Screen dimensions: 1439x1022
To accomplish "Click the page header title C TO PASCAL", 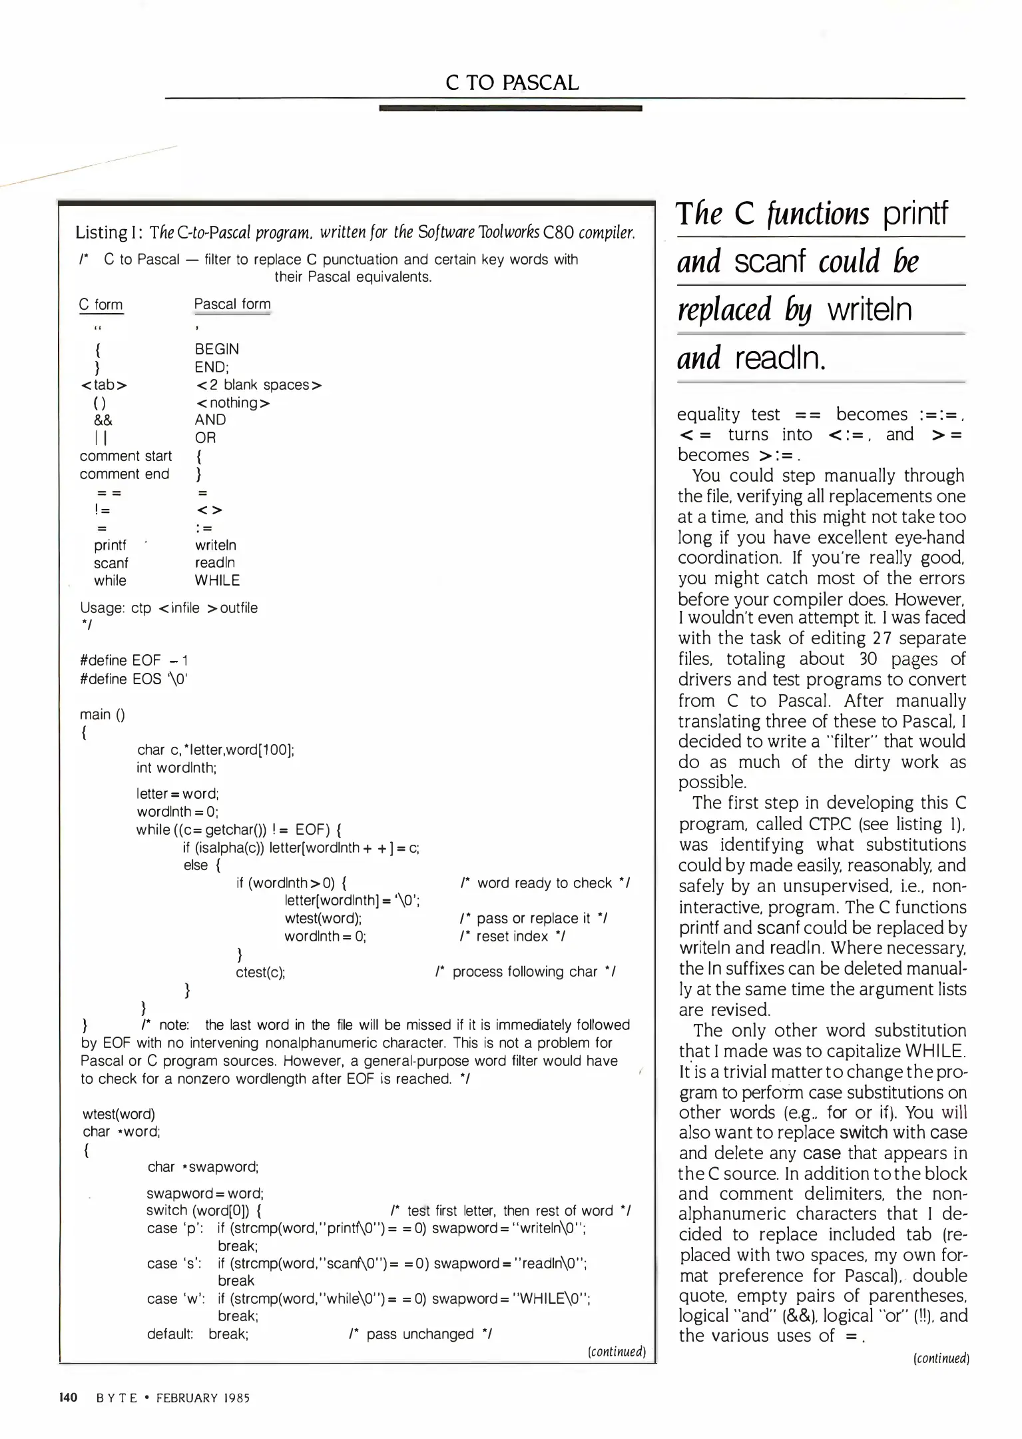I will [511, 83].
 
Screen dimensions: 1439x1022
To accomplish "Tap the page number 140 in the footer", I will [69, 1398].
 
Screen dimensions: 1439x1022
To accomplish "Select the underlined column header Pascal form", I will [232, 304].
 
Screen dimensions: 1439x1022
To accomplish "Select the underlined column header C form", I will [101, 305].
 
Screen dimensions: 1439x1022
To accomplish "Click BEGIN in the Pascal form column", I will [217, 349].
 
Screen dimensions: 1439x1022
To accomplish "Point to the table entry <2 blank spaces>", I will [259, 385].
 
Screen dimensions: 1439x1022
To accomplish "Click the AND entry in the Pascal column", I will [210, 420].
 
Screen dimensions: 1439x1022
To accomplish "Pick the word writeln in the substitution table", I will [215, 546].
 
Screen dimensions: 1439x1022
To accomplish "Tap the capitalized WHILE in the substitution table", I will [217, 581].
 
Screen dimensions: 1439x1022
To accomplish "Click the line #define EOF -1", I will [134, 661].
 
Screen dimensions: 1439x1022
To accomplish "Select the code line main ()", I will [102, 715].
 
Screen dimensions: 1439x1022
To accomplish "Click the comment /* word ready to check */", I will [545, 883].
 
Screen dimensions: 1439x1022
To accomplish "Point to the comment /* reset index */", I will [512, 937].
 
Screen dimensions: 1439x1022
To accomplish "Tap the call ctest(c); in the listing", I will [260, 973].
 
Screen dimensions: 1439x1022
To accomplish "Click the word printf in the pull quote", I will [915, 214].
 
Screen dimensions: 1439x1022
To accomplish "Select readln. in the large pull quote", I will [781, 358].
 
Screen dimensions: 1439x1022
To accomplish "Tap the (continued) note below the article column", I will [941, 1358].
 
